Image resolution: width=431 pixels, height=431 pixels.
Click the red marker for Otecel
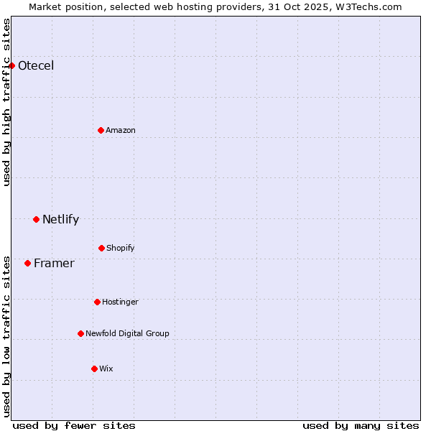tap(11, 65)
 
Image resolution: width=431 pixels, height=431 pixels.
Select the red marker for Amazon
tap(101, 130)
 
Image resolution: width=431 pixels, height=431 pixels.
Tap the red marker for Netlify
tap(36, 219)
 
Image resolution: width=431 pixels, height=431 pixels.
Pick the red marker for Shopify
tap(101, 248)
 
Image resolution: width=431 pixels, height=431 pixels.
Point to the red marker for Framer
tap(27, 263)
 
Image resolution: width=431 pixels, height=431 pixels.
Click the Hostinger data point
tap(97, 302)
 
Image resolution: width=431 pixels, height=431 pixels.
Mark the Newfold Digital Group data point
tap(80, 333)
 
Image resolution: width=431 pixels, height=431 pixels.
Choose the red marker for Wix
tap(94, 369)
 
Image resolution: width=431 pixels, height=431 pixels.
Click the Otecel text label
tap(36, 66)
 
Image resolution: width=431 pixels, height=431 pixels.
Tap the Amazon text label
tap(121, 131)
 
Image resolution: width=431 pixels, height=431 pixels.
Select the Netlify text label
tap(60, 220)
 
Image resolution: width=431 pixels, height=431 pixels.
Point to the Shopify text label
tap(121, 249)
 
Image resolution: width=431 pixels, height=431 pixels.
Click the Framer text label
tap(54, 264)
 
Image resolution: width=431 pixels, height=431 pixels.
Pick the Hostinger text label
tap(120, 302)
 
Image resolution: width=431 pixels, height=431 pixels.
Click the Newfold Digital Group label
tap(127, 334)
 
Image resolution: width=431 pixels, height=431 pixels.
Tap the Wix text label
tap(106, 369)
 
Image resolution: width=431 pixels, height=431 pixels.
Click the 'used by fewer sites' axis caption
tap(74, 425)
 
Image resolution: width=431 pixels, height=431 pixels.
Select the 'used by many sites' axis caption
tap(361, 425)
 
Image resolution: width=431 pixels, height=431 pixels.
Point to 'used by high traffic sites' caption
tap(6, 102)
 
